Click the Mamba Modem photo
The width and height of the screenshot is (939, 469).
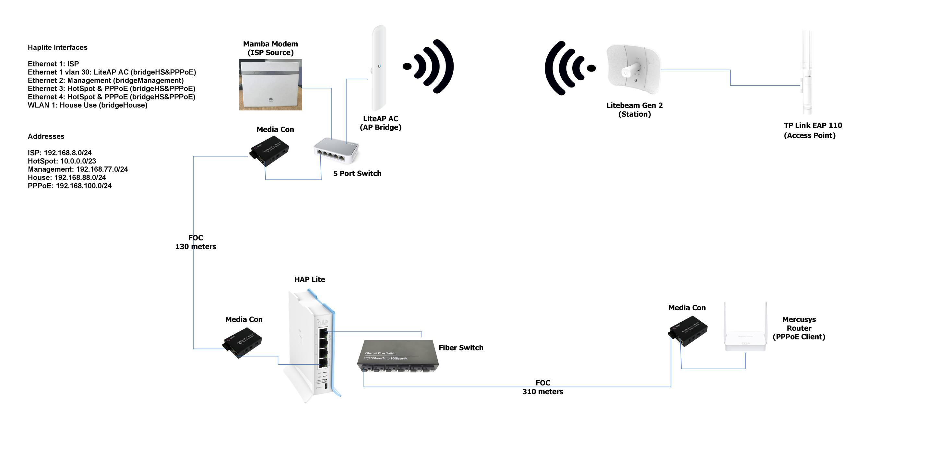pos(270,85)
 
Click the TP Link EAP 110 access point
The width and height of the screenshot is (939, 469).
pos(807,73)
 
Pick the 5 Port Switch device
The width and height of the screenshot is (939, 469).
pos(336,150)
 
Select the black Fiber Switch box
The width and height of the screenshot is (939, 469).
pos(397,356)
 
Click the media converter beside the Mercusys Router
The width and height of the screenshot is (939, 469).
pos(688,331)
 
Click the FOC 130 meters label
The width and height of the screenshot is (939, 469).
pos(196,242)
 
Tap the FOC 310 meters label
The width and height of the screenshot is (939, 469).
pos(542,387)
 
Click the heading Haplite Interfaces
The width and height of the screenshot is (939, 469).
pos(58,47)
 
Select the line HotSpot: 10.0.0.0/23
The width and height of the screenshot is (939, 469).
pos(62,161)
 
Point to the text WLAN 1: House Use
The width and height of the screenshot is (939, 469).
pos(88,105)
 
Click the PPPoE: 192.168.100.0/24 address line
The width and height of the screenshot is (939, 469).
pos(70,186)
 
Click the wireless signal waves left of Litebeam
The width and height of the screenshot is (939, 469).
pos(569,68)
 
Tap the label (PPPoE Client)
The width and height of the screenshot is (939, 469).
pos(799,337)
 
